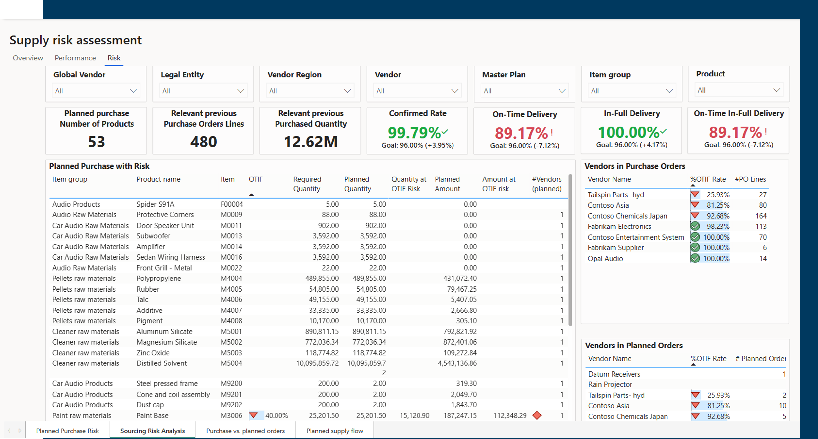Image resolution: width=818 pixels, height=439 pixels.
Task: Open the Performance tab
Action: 75,58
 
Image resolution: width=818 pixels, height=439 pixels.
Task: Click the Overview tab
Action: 28,58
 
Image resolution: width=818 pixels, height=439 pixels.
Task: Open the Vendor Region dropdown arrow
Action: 347,91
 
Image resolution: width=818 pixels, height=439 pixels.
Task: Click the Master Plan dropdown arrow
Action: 562,91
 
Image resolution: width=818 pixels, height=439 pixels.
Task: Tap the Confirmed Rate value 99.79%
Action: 414,133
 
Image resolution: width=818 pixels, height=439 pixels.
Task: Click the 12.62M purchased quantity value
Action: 311,142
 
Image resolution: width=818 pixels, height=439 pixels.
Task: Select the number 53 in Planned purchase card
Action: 97,142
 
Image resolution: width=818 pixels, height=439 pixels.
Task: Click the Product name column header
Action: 158,179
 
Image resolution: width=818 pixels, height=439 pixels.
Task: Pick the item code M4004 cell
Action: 231,279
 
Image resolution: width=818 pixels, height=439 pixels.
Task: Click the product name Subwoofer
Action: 153,236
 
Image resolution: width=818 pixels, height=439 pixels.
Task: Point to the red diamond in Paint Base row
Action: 537,415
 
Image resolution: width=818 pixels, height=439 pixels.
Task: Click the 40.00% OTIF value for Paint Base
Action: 276,416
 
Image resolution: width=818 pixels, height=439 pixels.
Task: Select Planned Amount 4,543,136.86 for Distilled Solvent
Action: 457,363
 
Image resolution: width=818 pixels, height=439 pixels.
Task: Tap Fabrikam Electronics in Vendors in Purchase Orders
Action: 619,227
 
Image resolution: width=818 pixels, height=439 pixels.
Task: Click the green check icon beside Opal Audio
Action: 695,259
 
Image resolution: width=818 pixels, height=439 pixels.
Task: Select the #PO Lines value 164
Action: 761,216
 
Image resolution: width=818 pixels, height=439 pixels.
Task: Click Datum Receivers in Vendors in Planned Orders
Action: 614,374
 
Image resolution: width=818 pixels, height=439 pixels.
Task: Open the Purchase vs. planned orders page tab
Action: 245,431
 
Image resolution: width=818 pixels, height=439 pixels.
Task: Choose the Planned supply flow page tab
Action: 335,431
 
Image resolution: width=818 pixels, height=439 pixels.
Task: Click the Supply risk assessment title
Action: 76,40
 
